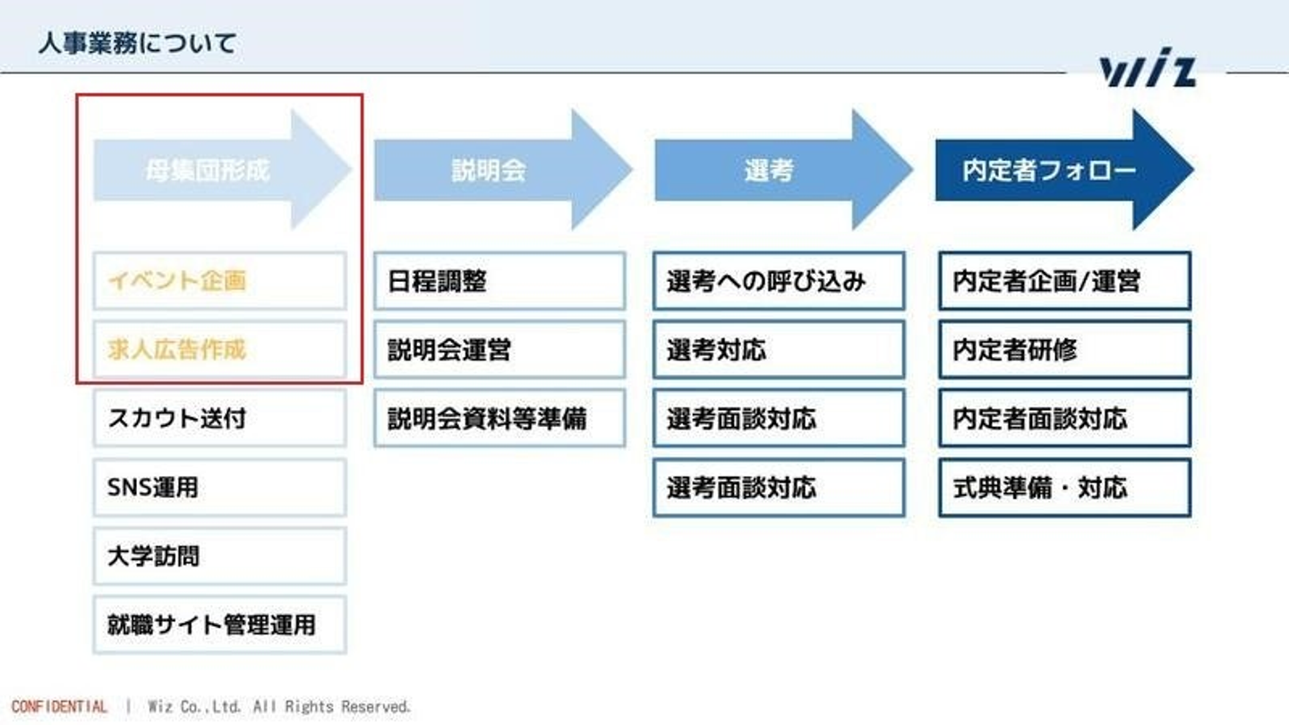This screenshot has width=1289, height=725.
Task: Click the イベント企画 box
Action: pyautogui.click(x=219, y=281)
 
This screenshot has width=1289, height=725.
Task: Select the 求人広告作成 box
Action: pyautogui.click(x=219, y=350)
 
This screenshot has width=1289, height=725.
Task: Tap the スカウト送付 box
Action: pyautogui.click(x=219, y=418)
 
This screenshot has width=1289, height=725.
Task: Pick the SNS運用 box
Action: pyautogui.click(x=219, y=488)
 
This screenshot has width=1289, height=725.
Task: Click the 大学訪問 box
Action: pyautogui.click(x=219, y=556)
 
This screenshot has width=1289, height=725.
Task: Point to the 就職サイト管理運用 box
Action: pyautogui.click(x=219, y=625)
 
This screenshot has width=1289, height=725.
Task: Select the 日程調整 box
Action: pyautogui.click(x=499, y=281)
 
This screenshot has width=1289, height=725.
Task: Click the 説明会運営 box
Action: pyautogui.click(x=499, y=350)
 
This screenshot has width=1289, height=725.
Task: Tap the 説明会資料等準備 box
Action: pyautogui.click(x=499, y=418)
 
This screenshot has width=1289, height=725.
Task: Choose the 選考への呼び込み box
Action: pyautogui.click(x=779, y=281)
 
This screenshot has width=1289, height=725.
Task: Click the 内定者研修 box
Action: pyautogui.click(x=1064, y=350)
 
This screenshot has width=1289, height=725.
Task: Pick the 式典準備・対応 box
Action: pyautogui.click(x=1064, y=488)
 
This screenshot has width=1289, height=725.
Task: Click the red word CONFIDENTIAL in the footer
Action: pyautogui.click(x=59, y=707)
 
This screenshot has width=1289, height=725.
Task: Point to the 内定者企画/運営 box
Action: pyautogui.click(x=1064, y=281)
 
